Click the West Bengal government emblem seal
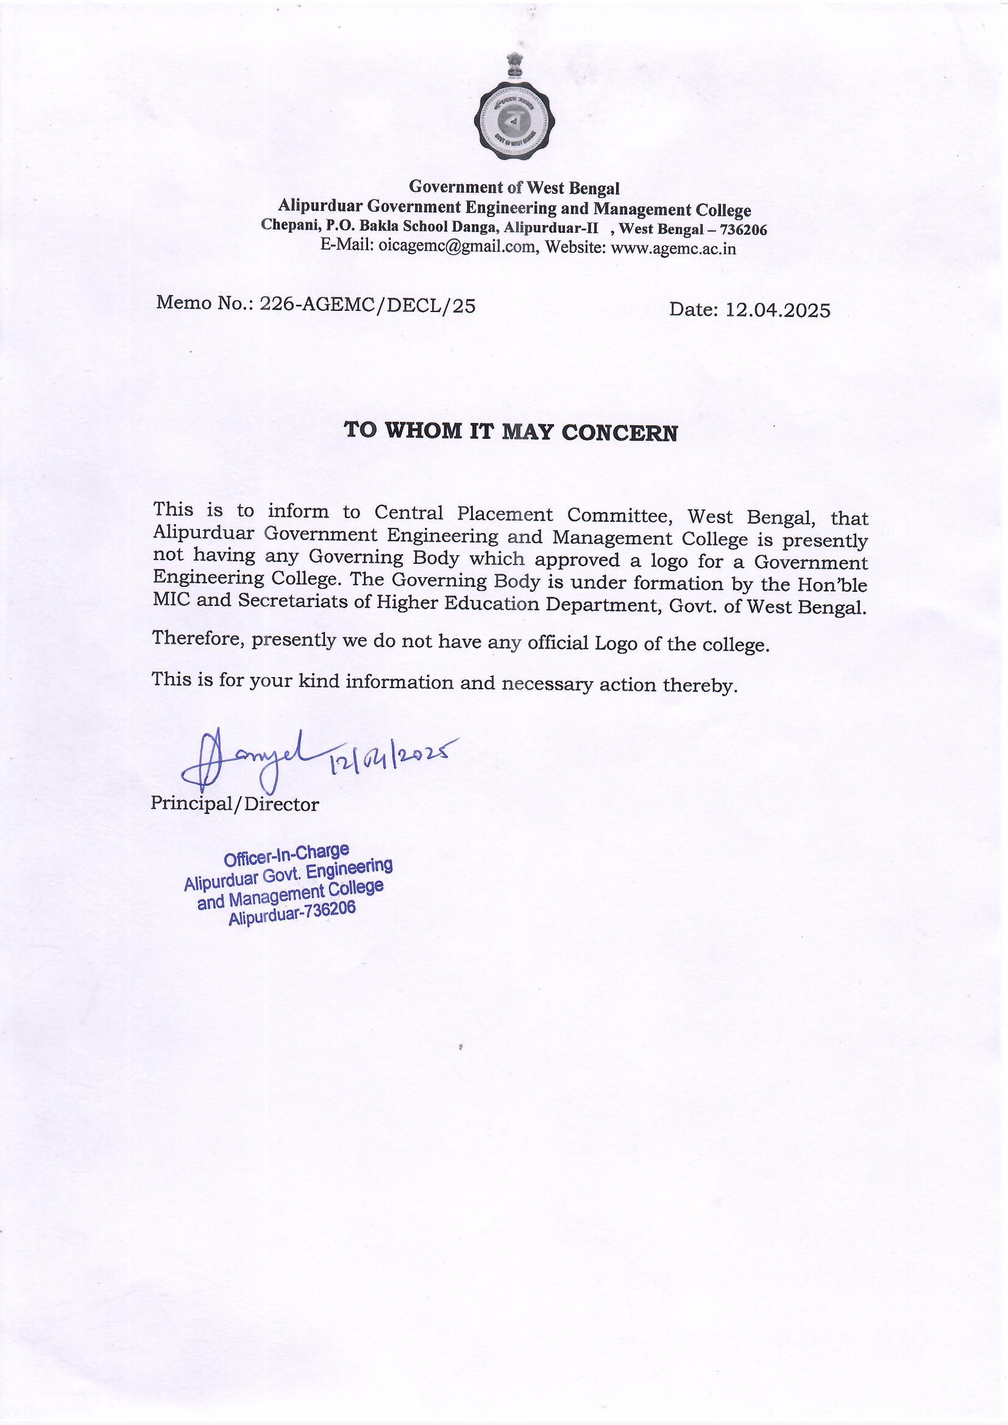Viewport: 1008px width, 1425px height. tap(514, 122)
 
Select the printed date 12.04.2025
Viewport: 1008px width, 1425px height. tap(778, 310)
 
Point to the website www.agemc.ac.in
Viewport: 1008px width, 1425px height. tap(673, 249)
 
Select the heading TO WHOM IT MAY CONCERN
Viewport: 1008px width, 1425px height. tap(511, 432)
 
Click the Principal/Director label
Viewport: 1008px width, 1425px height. tap(235, 805)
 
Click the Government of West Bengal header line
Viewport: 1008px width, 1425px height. tap(514, 187)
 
